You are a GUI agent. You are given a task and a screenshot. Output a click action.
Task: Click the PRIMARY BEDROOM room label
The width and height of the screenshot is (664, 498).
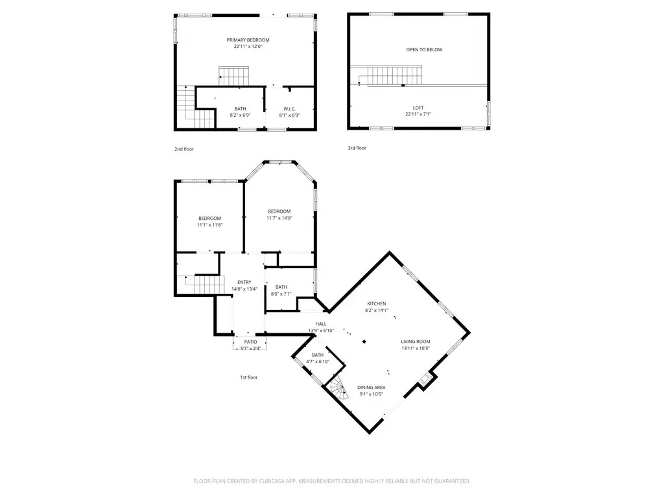click(252, 40)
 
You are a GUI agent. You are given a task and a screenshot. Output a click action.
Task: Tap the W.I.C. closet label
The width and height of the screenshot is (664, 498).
click(289, 108)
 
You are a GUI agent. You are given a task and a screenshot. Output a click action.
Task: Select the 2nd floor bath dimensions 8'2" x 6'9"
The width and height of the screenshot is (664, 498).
click(240, 115)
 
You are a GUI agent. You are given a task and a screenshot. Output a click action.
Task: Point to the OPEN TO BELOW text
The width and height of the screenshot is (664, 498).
click(424, 50)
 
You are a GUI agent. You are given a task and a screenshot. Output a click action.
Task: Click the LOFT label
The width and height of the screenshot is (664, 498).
click(418, 108)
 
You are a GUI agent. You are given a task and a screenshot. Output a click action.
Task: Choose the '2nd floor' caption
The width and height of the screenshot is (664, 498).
click(184, 149)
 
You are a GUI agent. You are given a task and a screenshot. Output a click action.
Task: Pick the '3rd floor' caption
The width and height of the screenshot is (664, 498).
click(357, 148)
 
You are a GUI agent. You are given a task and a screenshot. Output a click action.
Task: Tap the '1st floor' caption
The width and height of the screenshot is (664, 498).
click(248, 377)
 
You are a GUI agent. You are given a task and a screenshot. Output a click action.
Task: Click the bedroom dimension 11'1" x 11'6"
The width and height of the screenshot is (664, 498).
click(209, 224)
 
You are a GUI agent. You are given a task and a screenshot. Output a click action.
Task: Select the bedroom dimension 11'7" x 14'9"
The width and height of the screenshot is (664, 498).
click(279, 218)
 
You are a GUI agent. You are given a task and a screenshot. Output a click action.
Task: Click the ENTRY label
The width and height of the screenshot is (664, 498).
click(244, 282)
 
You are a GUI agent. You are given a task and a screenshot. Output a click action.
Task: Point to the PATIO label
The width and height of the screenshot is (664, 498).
click(250, 341)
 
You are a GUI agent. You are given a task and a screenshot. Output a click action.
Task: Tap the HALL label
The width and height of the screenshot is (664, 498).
click(321, 324)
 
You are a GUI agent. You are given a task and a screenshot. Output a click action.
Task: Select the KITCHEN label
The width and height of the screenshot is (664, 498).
click(377, 303)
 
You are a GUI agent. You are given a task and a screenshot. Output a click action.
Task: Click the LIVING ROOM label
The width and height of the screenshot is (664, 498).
click(415, 341)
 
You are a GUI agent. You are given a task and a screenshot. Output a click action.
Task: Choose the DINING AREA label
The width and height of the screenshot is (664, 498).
click(371, 387)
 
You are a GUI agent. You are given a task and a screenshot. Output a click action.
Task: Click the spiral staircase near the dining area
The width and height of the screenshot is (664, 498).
click(338, 387)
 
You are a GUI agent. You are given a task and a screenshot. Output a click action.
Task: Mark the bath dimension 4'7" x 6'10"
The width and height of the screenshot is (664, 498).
click(318, 361)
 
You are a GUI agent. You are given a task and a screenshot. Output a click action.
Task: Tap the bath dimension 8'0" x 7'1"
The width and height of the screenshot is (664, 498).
click(281, 294)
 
